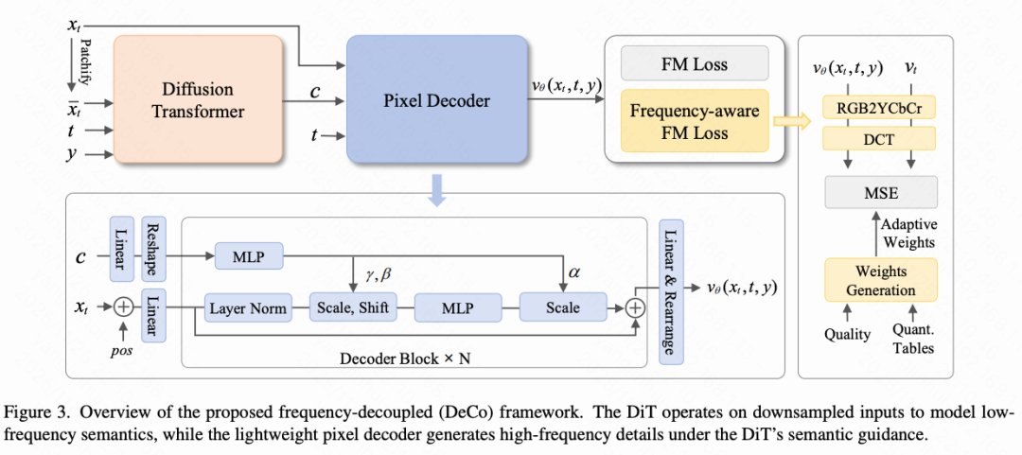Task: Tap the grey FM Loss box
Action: tap(696, 64)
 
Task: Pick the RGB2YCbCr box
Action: tap(880, 109)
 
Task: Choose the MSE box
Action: tap(881, 193)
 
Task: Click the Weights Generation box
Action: tap(880, 280)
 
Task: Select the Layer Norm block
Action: tap(247, 307)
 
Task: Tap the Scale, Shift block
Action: tap(352, 307)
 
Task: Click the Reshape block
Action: tap(153, 250)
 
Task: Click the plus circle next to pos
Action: tap(123, 307)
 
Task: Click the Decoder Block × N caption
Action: tap(413, 359)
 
